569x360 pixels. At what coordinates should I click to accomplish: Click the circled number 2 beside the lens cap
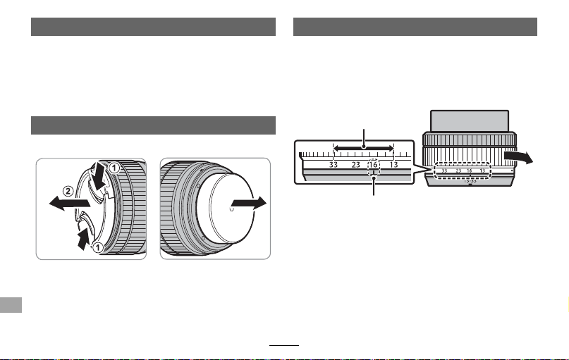[68, 191]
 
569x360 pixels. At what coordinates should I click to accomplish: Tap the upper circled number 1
[114, 168]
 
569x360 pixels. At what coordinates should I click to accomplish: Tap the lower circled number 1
[97, 247]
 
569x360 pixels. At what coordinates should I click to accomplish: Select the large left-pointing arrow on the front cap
[69, 203]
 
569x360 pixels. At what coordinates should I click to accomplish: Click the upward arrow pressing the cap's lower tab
[85, 237]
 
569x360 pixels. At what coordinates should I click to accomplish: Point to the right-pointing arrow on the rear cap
[249, 203]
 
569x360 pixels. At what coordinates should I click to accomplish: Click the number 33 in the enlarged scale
[333, 165]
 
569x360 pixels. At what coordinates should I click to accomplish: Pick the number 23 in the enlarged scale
[355, 165]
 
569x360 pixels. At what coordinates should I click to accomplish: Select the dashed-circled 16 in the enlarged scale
[374, 165]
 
